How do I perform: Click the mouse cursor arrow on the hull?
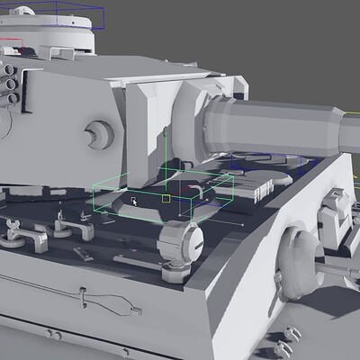pyautogui.click(x=134, y=201)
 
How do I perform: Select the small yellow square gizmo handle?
pyautogui.click(x=166, y=197)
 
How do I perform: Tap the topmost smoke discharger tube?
pyautogui.click(x=8, y=65)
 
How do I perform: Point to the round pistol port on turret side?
pyautogui.click(x=94, y=135)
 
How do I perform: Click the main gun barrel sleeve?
pyautogui.click(x=270, y=127)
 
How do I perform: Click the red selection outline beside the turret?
pyautogui.click(x=11, y=40)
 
